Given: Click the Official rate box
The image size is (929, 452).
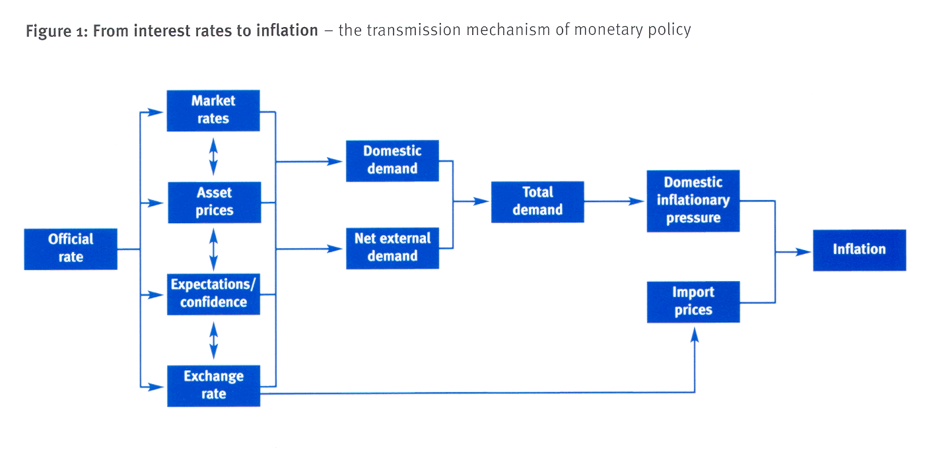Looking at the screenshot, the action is coord(71,249).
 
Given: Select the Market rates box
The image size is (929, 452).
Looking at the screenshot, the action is coord(213,111).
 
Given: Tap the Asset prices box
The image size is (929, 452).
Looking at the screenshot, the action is coord(215,203).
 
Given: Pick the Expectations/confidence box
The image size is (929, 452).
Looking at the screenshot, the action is coord(213,294).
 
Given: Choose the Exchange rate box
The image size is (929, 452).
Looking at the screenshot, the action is coord(213,386).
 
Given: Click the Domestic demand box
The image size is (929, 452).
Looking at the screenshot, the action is coord(392,161).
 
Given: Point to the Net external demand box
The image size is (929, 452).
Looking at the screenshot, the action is coord(392,248).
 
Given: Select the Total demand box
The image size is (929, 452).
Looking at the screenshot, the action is coord(537,202).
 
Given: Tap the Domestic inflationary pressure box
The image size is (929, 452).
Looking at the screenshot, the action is coord(693,201).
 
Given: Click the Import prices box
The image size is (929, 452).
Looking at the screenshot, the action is coord(693,302).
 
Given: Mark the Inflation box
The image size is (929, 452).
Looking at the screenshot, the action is coord(859,250).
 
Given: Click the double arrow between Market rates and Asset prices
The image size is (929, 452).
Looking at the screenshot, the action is coord(213,156).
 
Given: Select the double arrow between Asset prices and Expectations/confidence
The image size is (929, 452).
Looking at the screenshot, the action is coord(213,249).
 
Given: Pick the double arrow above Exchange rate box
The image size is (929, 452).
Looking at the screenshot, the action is coord(213,340).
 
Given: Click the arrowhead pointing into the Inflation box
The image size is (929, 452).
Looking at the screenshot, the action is coord(803,251).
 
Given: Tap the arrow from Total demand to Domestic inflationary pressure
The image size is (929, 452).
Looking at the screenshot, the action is coord(614,201).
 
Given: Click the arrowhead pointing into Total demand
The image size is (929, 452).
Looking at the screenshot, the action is coord(481,201).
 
